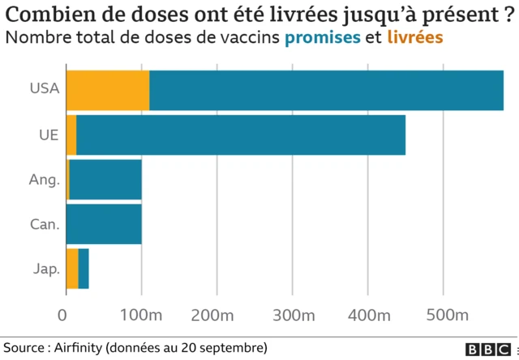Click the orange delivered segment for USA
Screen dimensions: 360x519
point(107,90)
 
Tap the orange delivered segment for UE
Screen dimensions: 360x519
point(71,135)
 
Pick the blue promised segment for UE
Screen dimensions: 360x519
point(241,135)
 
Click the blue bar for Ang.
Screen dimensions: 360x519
point(105,179)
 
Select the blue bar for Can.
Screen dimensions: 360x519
point(104,224)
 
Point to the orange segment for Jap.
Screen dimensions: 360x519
point(72,268)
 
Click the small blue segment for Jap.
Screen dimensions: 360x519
point(84,268)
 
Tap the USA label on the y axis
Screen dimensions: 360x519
point(45,90)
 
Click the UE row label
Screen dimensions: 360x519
point(49,135)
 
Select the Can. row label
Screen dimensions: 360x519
point(45,224)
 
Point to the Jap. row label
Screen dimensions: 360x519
point(45,268)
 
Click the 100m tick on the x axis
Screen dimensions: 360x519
point(142,315)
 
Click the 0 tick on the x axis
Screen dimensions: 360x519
point(66,315)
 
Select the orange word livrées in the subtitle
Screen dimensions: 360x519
point(415,38)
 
